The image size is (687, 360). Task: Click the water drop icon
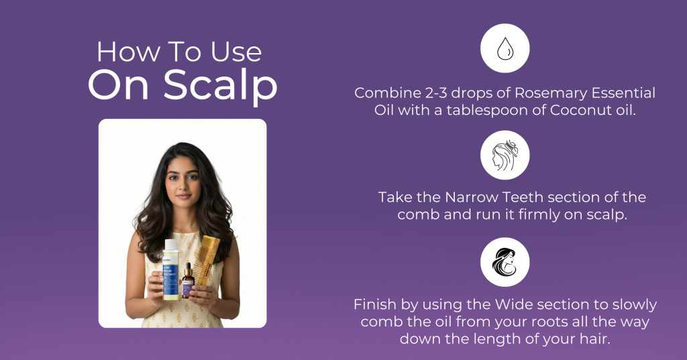tap(505, 48)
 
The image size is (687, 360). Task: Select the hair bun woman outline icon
tap(505, 156)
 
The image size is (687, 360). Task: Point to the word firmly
tap(517, 215)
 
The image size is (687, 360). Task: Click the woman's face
tap(182, 181)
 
